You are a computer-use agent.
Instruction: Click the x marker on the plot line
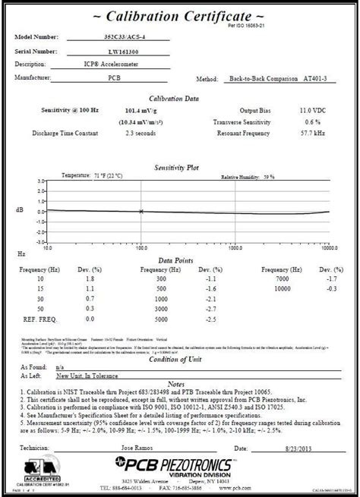coord(141,211)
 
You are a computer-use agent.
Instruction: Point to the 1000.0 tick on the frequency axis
coord(235,247)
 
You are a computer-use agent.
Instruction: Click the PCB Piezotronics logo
coord(182,442)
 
